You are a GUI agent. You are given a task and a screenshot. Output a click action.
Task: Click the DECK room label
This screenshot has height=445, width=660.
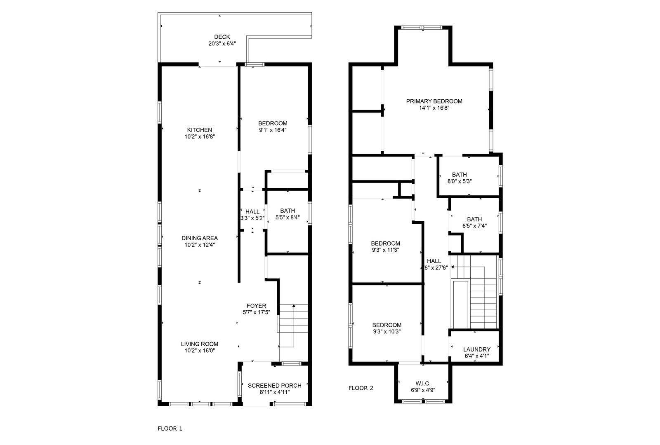pyautogui.click(x=222, y=37)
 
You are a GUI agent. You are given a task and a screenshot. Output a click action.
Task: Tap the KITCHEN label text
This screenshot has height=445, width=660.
pyautogui.click(x=199, y=130)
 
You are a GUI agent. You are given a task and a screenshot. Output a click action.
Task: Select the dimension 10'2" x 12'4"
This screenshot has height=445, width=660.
pyautogui.click(x=200, y=245)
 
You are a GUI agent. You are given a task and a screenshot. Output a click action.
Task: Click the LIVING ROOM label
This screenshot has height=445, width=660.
pyautogui.click(x=200, y=344)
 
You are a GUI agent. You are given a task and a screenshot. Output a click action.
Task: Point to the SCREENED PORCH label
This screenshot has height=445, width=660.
pyautogui.click(x=274, y=386)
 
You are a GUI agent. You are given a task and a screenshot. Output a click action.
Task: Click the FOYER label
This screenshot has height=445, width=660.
pyautogui.click(x=256, y=306)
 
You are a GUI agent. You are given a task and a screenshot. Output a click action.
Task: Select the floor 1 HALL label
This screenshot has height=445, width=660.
pyautogui.click(x=252, y=211)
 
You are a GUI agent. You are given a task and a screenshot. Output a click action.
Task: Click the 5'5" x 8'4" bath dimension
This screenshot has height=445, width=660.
pyautogui.click(x=288, y=218)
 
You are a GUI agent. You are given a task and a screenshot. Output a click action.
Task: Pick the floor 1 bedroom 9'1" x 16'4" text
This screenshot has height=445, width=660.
pyautogui.click(x=273, y=130)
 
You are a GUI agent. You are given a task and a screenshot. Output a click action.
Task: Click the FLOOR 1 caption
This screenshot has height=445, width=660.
pyautogui.click(x=170, y=429)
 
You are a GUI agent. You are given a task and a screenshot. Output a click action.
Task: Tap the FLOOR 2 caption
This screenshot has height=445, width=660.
pyautogui.click(x=361, y=388)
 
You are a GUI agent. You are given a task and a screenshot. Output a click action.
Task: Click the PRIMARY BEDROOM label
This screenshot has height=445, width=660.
pyautogui.click(x=434, y=101)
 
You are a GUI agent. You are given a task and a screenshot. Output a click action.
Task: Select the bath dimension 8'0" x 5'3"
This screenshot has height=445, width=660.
pyautogui.click(x=459, y=181)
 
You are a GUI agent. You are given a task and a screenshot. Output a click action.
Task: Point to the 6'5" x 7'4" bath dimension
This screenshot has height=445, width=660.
pyautogui.click(x=474, y=226)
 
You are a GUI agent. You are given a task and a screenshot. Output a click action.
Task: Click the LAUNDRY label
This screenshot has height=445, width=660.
pyautogui.click(x=477, y=349)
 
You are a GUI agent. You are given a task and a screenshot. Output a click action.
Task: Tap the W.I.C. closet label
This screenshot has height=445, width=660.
pyautogui.click(x=423, y=383)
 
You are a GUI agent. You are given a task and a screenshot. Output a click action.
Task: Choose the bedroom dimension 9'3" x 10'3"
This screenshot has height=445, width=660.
pyautogui.click(x=387, y=331)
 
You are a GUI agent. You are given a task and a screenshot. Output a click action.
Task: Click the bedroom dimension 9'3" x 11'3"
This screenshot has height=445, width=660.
pyautogui.click(x=385, y=250)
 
